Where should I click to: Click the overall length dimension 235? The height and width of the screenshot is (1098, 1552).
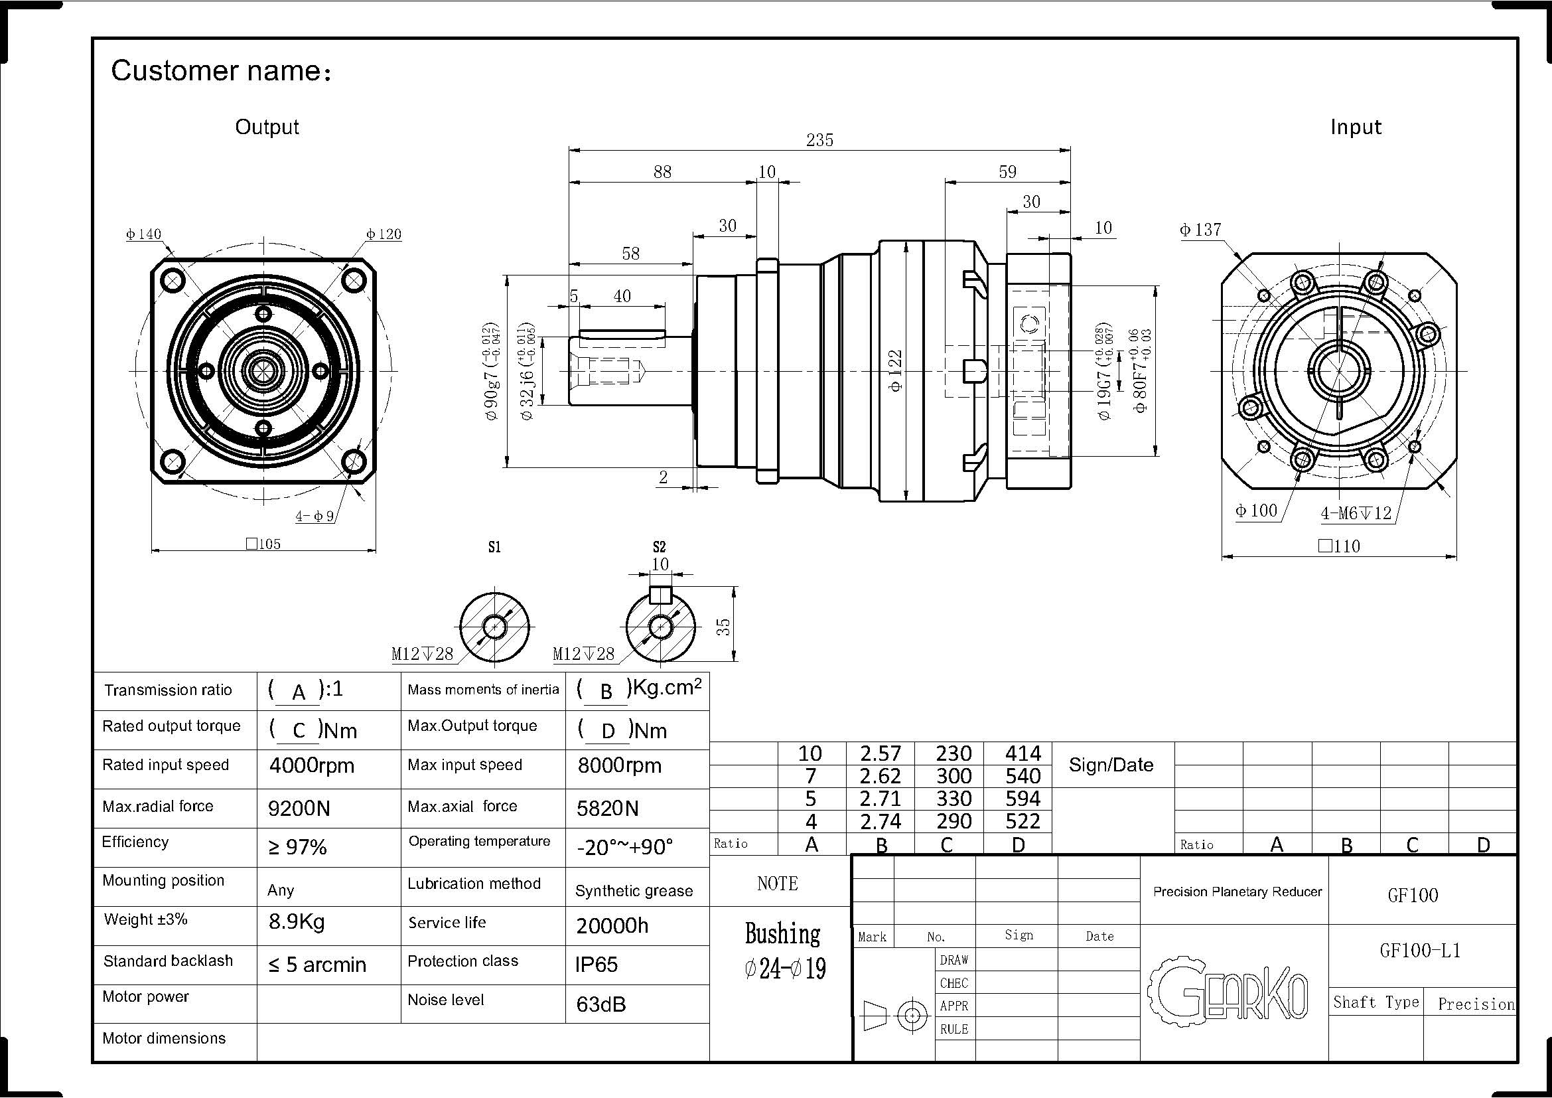pos(819,140)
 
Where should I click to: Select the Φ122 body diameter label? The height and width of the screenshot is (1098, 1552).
pos(896,370)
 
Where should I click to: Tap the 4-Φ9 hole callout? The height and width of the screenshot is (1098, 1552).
pos(315,516)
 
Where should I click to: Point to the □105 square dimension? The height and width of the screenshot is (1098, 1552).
pos(263,544)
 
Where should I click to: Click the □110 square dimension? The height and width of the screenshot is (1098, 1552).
pos(1339,546)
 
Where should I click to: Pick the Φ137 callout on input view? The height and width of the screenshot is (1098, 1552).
pos(1200,230)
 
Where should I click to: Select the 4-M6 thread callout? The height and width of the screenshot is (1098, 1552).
pos(1356,513)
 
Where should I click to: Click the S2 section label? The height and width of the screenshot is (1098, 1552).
pos(659,547)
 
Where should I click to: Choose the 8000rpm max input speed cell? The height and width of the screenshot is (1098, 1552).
pos(619,765)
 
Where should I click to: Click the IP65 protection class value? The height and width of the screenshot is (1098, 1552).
pos(597,964)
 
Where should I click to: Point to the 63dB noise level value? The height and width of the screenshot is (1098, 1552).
pos(601,1004)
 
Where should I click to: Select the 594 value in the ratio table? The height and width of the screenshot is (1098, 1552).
pos(1022,799)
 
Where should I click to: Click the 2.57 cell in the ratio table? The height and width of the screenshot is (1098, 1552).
pos(880,753)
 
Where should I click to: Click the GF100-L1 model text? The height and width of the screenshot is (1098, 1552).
pos(1420,951)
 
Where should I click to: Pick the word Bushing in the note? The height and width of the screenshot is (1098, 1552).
pos(782,934)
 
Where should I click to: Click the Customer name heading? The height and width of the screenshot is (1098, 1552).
pos(221,71)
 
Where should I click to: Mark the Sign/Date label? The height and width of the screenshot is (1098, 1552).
pos(1111,765)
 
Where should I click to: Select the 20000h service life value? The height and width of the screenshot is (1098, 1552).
pos(612,925)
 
